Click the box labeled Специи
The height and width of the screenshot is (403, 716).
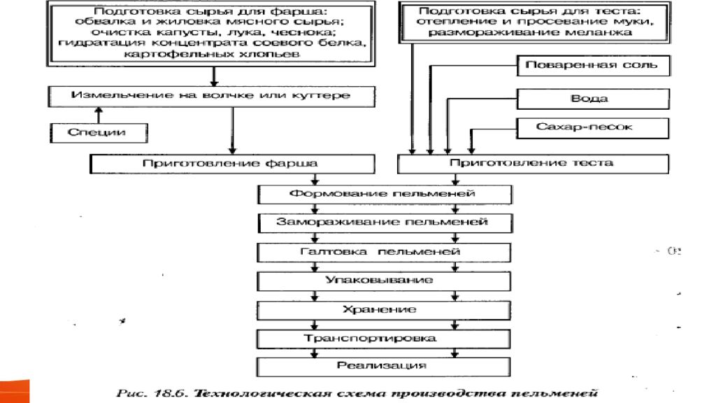point(98,131)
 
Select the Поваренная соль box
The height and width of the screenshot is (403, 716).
point(592,66)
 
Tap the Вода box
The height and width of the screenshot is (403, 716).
point(592,98)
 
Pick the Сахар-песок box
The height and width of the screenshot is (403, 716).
point(592,127)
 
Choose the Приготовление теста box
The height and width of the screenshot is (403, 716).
point(531,163)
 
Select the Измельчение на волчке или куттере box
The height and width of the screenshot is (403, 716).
point(210,95)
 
